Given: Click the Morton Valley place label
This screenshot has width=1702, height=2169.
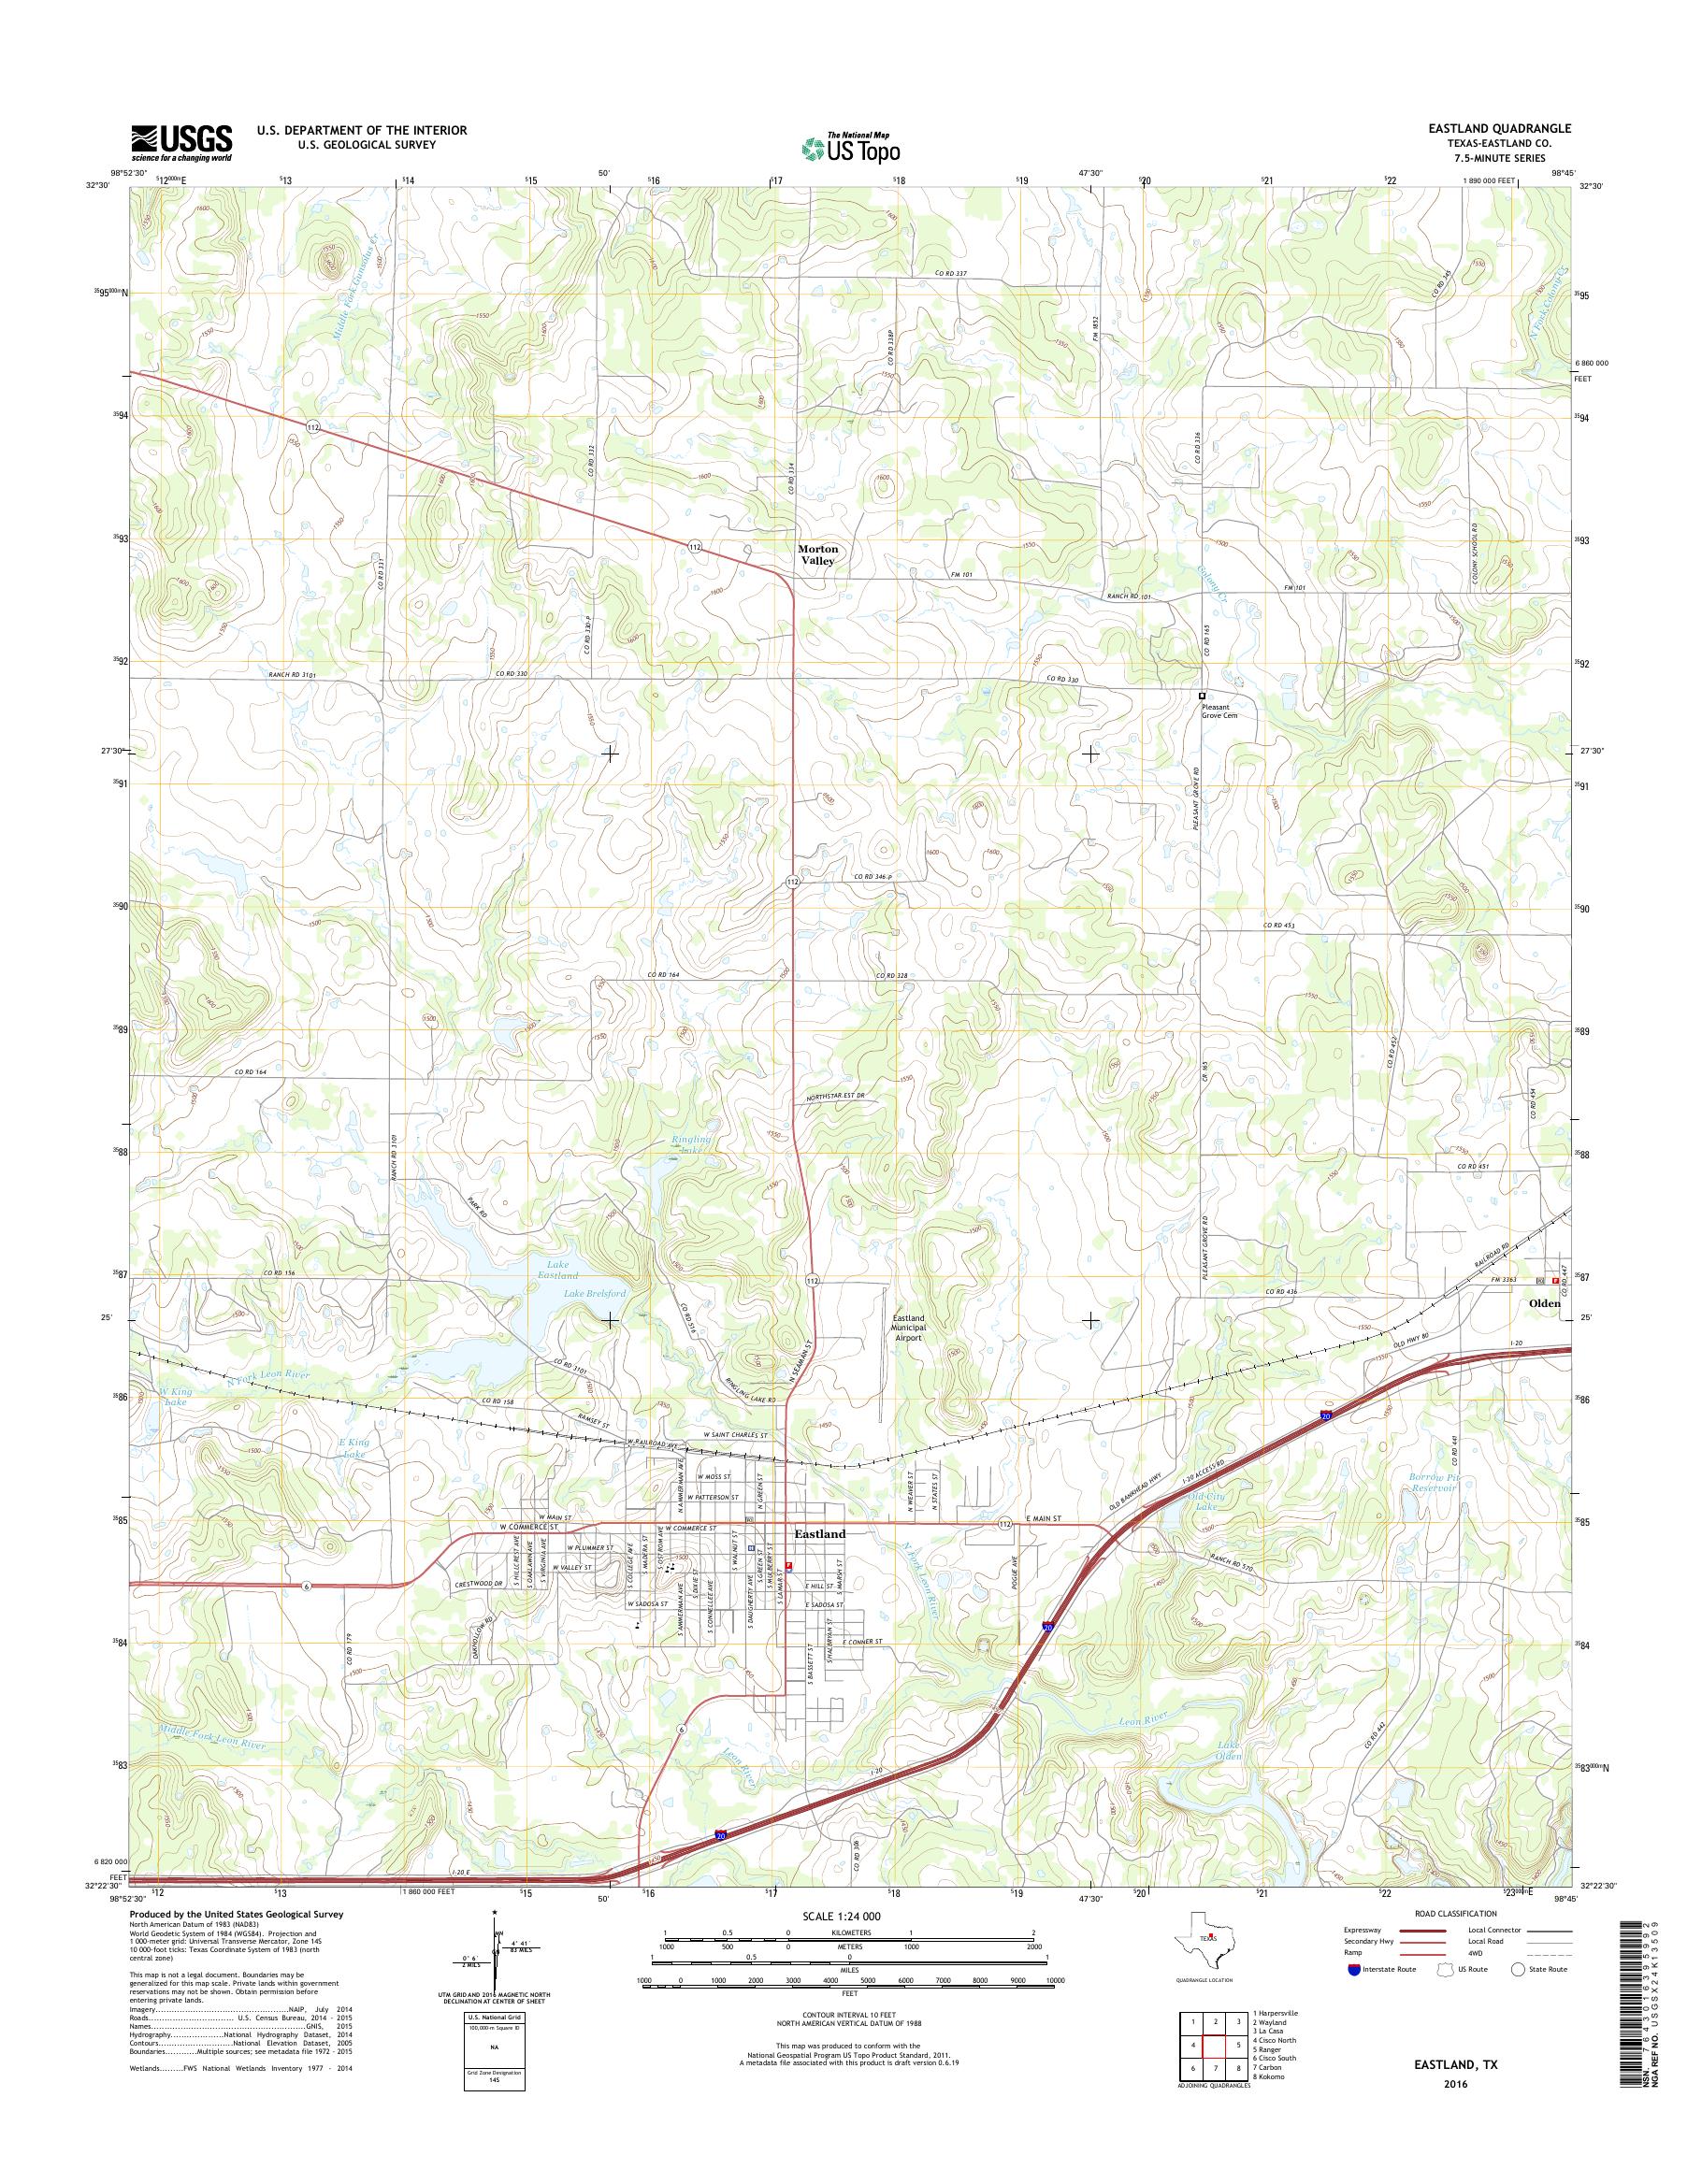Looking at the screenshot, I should (x=818, y=555).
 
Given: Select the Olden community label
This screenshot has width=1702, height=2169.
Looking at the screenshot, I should (x=1545, y=1302).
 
